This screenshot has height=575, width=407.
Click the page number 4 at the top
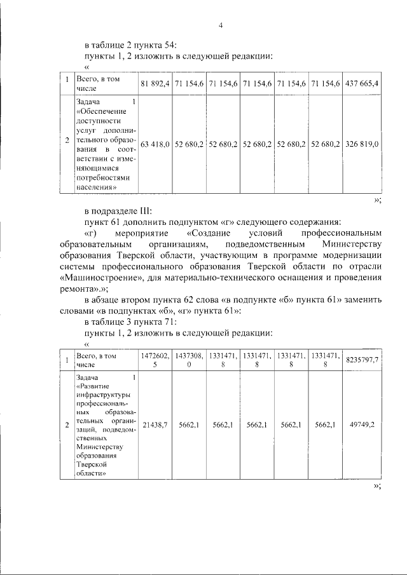click(220, 25)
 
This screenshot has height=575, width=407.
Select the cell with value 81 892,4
click(155, 84)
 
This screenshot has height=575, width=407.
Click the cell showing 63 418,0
click(155, 144)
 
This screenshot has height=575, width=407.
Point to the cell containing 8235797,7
click(362, 360)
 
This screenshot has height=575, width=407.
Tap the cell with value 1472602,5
click(155, 360)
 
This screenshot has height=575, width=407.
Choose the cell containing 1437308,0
click(189, 360)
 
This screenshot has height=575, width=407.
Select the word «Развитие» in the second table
click(93, 386)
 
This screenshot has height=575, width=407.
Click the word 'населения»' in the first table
click(96, 187)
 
